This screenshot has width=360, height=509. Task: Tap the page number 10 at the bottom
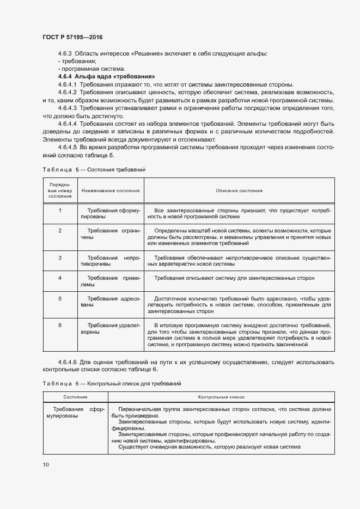(x=45, y=464)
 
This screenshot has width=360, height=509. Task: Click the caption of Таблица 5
(x=94, y=170)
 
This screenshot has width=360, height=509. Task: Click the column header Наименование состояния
(x=111, y=191)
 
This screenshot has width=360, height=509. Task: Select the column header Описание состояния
(x=239, y=191)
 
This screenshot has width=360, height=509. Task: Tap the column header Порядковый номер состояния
(x=59, y=191)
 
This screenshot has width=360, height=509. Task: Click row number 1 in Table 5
(x=60, y=210)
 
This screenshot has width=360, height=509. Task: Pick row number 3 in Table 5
(x=60, y=257)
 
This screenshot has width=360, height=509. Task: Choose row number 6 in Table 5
(x=60, y=325)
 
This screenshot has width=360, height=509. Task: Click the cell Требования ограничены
(x=111, y=234)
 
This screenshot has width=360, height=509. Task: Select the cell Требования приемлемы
(x=111, y=281)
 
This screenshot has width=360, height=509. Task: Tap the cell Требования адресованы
(x=111, y=302)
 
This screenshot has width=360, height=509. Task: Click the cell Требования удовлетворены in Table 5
(x=111, y=328)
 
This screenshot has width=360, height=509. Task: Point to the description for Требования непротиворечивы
(x=239, y=261)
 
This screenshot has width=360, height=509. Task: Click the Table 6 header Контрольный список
(x=221, y=398)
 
